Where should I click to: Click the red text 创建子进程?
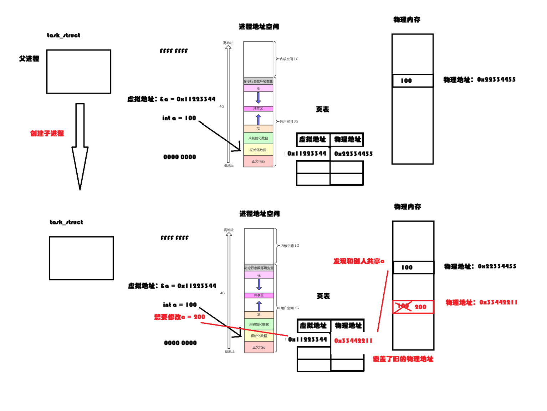pos(47,134)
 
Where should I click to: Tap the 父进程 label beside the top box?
pos(29,59)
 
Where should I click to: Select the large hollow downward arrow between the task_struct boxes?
pos(80,146)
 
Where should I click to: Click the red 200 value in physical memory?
pos(420,307)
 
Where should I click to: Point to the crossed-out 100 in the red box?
pos(403,306)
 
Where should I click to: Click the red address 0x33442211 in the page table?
pos(353,341)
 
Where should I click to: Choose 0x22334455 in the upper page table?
pos(353,154)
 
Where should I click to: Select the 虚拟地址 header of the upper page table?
pos(313,140)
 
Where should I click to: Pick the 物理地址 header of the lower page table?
pos(348,326)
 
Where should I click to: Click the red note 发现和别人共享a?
pos(359,261)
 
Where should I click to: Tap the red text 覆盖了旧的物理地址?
pos(403,359)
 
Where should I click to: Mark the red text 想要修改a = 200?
pos(179,317)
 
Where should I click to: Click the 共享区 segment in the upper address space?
pos(258,109)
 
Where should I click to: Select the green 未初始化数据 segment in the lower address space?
pos(259,324)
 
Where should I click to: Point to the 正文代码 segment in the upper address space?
pos(258,161)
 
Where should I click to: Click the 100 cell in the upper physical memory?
pos(413,81)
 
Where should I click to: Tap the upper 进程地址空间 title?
pos(259,27)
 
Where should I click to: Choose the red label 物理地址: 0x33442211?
pos(481,303)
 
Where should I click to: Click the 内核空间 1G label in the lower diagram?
pos(290,246)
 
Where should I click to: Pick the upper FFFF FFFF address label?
pos(174,51)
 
